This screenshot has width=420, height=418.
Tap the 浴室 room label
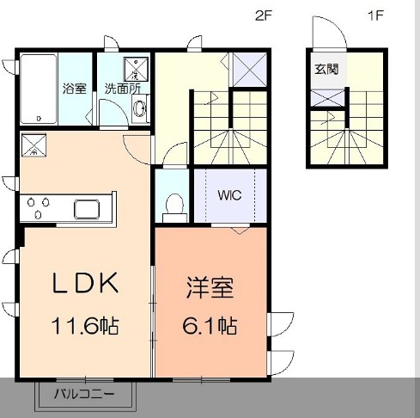click(x=73, y=88)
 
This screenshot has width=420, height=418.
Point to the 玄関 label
click(x=326, y=70)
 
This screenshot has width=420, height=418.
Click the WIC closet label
click(x=228, y=194)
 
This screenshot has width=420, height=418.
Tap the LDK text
click(x=85, y=285)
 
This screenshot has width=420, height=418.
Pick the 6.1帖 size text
click(x=210, y=326)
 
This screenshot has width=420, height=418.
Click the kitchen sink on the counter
click(x=89, y=209)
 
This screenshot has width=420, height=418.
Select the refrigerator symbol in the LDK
click(x=34, y=144)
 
